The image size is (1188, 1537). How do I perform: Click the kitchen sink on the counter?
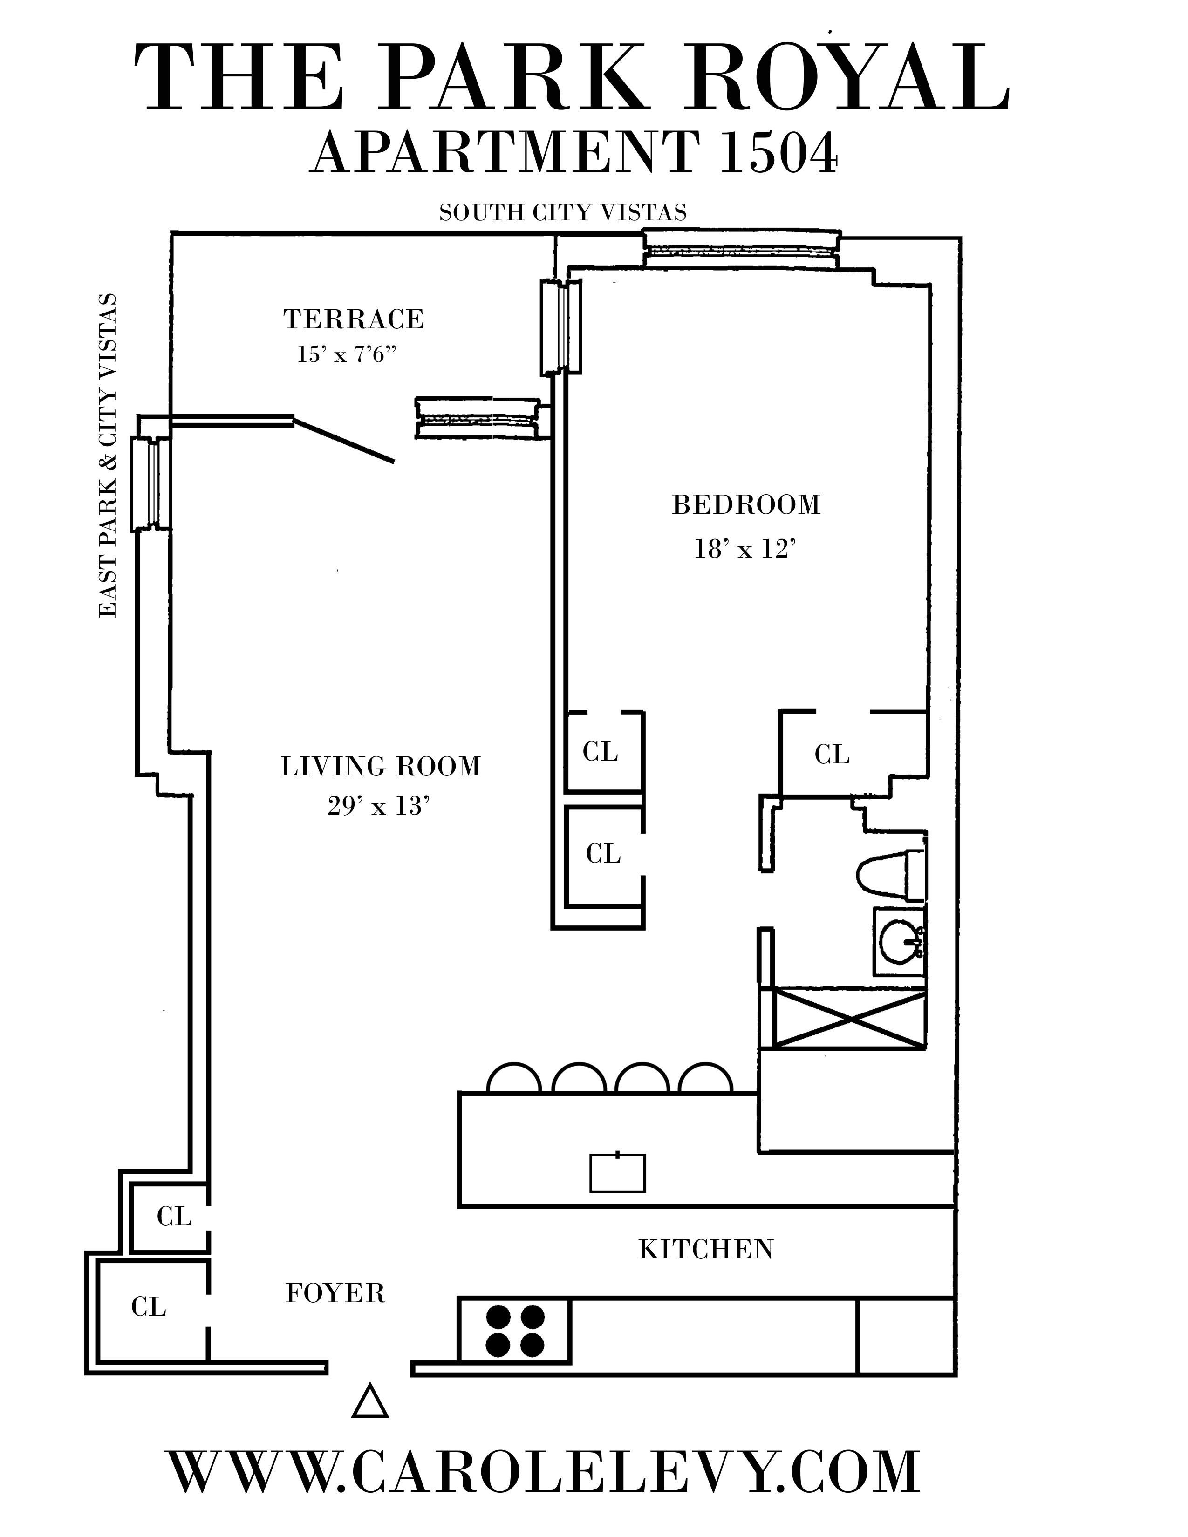(617, 1172)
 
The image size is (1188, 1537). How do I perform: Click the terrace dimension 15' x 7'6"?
(348, 354)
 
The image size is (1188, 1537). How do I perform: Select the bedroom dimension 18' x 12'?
(744, 548)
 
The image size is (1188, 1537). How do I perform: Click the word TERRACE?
(354, 320)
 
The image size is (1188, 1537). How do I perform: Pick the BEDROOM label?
(746, 504)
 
